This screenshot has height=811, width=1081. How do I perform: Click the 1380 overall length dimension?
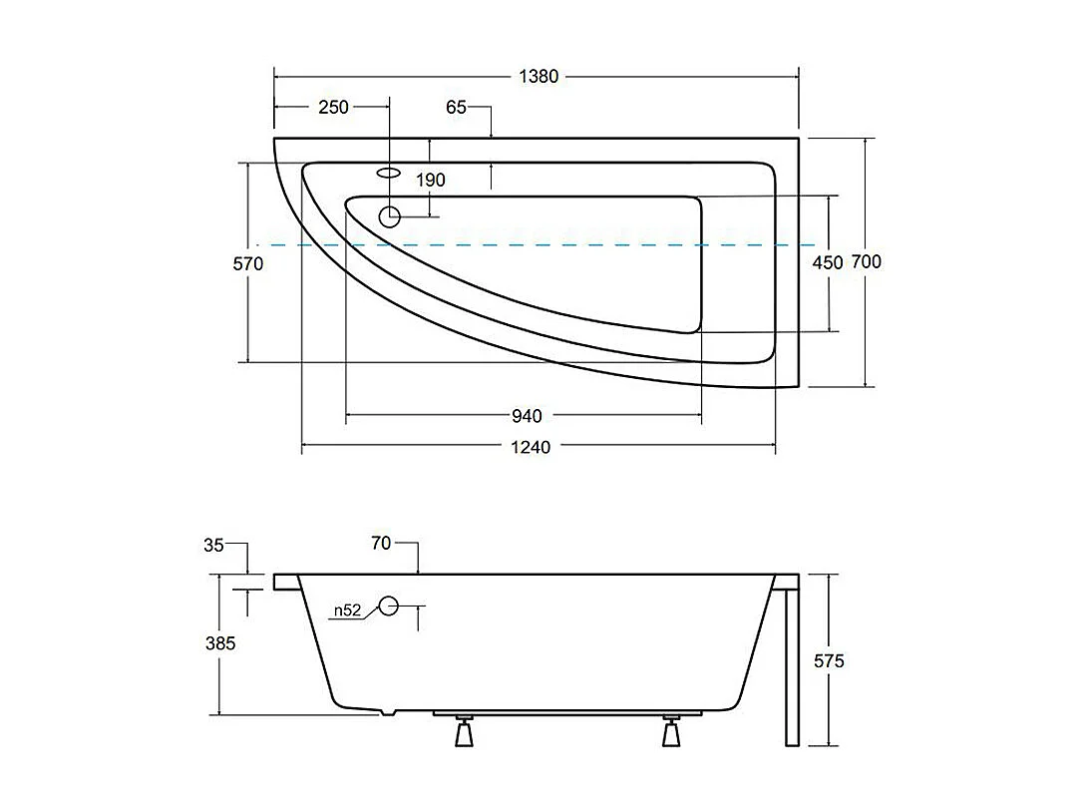point(537,77)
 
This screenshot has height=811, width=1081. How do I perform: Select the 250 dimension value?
point(333,107)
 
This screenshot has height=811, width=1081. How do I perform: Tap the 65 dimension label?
point(456,107)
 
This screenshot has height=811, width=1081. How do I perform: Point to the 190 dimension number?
point(431,181)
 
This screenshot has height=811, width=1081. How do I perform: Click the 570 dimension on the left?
point(248,263)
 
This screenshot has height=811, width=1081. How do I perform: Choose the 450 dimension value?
point(827,263)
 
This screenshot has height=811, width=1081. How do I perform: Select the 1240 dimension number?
point(531,448)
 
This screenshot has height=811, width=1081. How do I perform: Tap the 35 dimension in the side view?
point(213,545)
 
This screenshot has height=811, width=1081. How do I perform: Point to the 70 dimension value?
point(380,545)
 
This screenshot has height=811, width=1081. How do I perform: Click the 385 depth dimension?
point(219,643)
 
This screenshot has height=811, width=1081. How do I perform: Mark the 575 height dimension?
point(829,660)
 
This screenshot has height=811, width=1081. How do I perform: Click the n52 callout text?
point(347,610)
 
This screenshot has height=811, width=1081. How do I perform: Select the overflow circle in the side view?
point(388,605)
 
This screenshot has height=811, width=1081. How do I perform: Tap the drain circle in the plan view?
point(390,215)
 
